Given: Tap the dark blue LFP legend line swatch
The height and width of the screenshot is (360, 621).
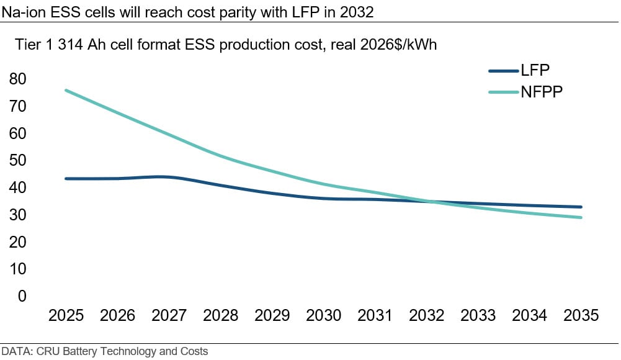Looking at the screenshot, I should point(504,71).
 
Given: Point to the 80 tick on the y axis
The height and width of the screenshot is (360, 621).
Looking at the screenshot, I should point(17,79).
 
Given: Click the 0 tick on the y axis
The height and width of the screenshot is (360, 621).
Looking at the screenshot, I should point(22,296).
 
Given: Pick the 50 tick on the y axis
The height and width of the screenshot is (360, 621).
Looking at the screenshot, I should point(17,161).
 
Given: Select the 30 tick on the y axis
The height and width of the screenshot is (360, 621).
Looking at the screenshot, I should point(17,215).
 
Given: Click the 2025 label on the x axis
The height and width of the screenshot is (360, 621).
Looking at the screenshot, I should point(66,316).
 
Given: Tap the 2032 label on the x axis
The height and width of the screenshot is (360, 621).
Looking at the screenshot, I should point(427,316).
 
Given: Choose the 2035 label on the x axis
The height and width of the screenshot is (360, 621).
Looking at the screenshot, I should point(581,316).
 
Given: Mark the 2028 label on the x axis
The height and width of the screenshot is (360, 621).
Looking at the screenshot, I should point(221,316).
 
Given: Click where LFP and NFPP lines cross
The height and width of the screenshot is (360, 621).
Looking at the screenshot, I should point(427,202).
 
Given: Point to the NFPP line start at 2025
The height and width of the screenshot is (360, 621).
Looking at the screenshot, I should point(66,90).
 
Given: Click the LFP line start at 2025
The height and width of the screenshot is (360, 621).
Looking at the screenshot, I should point(66,179).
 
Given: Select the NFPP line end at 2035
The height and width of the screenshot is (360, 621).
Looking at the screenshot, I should point(581,217).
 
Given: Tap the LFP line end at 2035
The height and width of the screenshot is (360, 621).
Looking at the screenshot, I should point(581,207).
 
